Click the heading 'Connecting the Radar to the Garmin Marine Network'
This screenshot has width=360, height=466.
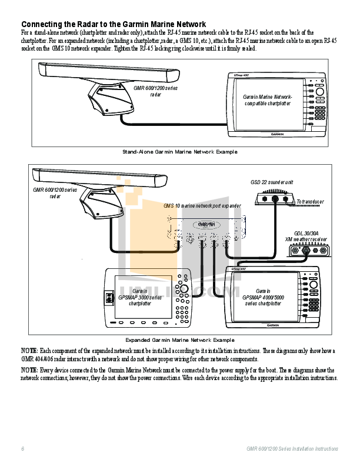(x=114, y=24)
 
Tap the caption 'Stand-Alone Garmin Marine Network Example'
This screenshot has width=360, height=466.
(x=179, y=152)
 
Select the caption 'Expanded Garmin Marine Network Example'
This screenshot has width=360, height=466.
(x=179, y=340)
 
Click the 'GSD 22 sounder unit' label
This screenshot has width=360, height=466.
(x=272, y=182)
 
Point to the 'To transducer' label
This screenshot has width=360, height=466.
(x=310, y=202)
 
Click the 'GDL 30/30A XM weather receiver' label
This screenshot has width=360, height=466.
(x=306, y=236)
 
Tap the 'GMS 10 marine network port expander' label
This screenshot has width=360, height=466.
(x=202, y=206)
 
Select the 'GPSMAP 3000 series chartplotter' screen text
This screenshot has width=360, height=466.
(x=140, y=297)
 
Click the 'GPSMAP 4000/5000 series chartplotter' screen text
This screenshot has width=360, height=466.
(x=263, y=297)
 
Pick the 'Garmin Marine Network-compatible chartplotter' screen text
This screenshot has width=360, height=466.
(x=268, y=100)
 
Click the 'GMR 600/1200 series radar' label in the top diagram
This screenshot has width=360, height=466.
(x=155, y=91)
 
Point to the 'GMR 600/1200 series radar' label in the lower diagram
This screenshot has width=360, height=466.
(x=55, y=192)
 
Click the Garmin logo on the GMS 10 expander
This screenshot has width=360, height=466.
(x=206, y=224)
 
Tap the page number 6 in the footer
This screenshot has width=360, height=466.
(x=23, y=449)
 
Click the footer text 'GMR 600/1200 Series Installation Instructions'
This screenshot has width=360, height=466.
(x=292, y=449)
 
